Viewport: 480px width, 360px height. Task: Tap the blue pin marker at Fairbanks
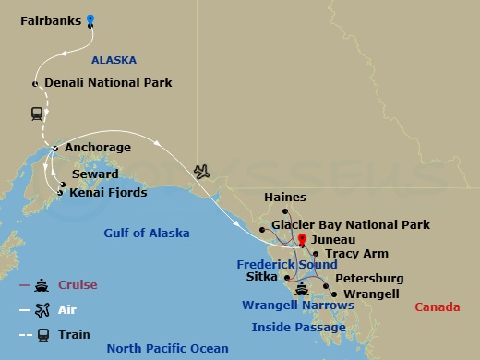pyautogui.click(x=90, y=19)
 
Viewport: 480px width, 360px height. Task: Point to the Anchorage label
pyautogui.click(x=98, y=148)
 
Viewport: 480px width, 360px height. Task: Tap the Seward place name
pyautogui.click(x=94, y=174)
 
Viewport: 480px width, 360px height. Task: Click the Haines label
pyautogui.click(x=284, y=198)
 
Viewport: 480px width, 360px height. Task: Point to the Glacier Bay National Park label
pyautogui.click(x=351, y=224)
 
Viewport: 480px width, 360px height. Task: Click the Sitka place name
pyautogui.click(x=264, y=276)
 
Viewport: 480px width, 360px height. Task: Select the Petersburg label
pyautogui.click(x=369, y=278)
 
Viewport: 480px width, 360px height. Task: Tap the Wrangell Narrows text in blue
pyautogui.click(x=298, y=306)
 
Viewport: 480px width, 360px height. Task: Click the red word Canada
pyautogui.click(x=438, y=306)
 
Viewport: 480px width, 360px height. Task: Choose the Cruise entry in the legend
pyautogui.click(x=78, y=284)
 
